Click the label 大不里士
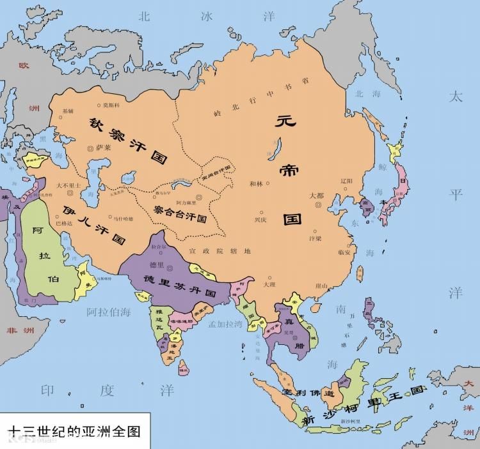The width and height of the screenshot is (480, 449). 68,185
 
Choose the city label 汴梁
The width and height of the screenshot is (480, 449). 315,238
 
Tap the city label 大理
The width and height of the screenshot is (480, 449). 269,284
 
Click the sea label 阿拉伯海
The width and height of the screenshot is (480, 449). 108,312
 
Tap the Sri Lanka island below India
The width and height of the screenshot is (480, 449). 184,367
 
